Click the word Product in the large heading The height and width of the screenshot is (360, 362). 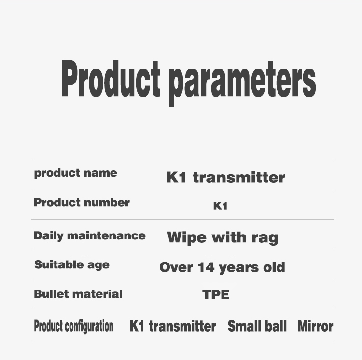(x=111, y=79)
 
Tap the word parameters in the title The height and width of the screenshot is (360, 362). (x=242, y=83)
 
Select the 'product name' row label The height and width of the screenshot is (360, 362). (x=75, y=173)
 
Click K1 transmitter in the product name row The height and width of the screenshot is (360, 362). (x=226, y=178)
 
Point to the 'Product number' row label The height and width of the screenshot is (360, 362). (x=82, y=202)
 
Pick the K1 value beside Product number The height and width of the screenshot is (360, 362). (x=220, y=206)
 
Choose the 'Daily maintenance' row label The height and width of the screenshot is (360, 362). (x=90, y=236)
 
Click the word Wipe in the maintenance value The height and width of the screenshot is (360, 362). (x=186, y=238)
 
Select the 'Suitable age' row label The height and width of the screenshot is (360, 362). (x=72, y=265)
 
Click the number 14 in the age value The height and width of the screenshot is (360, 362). (x=206, y=267)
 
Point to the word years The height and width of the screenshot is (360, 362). (x=239, y=268)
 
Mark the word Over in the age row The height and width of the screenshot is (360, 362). (x=176, y=267)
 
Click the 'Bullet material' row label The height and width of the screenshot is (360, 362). (x=78, y=294)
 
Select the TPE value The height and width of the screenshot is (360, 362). (x=216, y=295)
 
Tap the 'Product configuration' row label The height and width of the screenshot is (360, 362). (x=74, y=326)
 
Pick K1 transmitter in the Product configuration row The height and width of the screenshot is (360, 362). (x=173, y=326)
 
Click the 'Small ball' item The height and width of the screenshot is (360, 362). (x=257, y=326)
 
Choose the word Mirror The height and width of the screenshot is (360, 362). (x=315, y=326)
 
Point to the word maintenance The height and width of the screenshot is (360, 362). (x=107, y=235)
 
